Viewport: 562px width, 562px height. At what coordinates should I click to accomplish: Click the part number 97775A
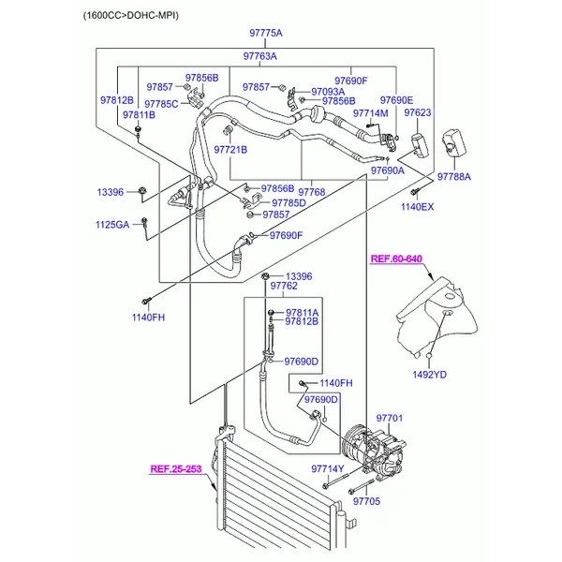coord(266,33)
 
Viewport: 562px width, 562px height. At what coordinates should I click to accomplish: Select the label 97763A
coord(259,56)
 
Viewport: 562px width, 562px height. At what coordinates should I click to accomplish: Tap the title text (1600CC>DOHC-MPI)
coord(131,15)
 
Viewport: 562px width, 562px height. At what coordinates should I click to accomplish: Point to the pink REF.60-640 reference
coord(396,259)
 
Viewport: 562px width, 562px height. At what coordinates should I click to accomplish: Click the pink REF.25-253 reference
coord(176,469)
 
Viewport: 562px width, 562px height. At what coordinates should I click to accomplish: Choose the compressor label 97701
coord(390,418)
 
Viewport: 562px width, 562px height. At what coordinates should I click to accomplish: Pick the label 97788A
coord(454,177)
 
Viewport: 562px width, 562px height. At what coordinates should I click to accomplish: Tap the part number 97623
coord(418,112)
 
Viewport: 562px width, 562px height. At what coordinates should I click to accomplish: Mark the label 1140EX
coord(417,207)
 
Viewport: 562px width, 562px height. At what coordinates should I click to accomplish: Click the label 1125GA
coord(112,225)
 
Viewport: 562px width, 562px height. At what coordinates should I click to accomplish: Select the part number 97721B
coord(230,150)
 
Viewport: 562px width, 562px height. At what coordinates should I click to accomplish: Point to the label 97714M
coord(371,113)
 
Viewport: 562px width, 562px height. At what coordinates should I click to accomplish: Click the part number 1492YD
coord(429,375)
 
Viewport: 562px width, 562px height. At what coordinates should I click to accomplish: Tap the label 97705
coord(366,501)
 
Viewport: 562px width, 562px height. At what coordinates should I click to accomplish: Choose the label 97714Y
coord(328,469)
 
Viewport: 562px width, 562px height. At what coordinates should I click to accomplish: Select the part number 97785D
coord(288,203)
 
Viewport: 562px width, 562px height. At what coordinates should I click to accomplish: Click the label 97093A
coord(328,92)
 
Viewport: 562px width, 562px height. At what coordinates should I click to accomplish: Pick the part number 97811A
coord(303,313)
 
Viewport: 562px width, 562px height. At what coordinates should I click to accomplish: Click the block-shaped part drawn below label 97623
coord(420,145)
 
